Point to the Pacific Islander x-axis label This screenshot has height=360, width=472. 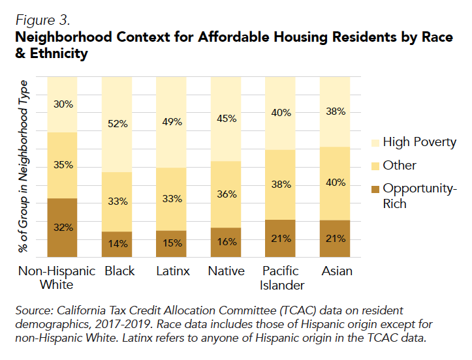(x=281, y=278)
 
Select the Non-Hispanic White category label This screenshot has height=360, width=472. (x=57, y=278)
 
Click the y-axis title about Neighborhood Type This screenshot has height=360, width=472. (x=24, y=166)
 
